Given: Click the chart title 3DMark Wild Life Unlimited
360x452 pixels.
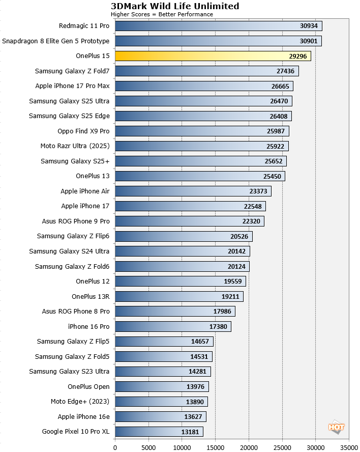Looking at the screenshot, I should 175,6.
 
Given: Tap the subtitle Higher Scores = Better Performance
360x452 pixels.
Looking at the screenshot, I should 162,14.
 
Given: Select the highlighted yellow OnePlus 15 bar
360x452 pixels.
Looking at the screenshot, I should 213,56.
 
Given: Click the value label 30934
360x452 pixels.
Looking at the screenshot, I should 309,26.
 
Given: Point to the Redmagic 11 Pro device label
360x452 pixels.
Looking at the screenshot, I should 84,26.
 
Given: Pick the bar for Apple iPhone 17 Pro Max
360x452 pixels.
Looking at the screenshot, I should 203,86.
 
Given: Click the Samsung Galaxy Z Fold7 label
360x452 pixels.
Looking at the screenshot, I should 72,71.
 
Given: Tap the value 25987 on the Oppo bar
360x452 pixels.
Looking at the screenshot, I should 276,131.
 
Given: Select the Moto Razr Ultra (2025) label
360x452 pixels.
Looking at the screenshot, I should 75,146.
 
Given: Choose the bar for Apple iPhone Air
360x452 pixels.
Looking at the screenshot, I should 193,191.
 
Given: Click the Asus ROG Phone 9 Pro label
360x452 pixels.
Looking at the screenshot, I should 76,221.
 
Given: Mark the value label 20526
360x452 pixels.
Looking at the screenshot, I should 240,236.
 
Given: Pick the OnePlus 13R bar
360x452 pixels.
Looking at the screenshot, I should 179,296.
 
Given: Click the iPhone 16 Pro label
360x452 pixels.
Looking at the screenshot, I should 88,326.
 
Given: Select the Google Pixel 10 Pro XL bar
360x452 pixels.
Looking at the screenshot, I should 159,432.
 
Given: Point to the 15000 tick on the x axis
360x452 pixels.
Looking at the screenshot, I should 215,447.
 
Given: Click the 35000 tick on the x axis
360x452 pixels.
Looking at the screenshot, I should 349,447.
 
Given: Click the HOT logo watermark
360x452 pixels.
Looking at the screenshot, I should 337,428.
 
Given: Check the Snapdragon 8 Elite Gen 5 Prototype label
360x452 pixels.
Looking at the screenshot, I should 56,41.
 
